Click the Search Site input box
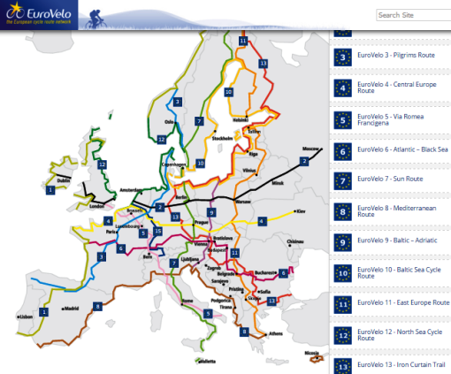point(412,15)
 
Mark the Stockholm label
point(223,138)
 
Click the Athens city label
point(275,333)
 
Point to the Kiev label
point(300,211)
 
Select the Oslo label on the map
point(170,122)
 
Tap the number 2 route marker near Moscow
point(304,161)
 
